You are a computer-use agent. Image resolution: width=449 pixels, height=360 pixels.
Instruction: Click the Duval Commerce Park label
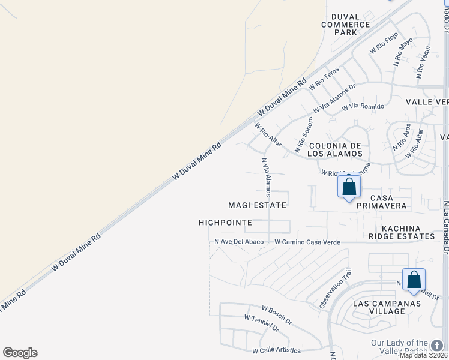click(x=345, y=24)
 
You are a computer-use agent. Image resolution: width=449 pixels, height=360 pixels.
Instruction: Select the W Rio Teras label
click(x=324, y=79)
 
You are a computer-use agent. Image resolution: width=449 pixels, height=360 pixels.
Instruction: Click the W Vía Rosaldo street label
click(x=363, y=107)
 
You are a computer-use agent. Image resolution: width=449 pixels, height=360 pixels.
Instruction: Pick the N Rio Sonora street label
click(x=304, y=134)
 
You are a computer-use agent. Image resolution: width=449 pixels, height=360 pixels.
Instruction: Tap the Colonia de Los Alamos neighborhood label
click(x=335, y=149)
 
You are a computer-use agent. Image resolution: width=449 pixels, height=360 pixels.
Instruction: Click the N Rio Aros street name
click(x=402, y=137)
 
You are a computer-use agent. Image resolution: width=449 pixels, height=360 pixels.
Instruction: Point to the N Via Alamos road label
click(x=266, y=177)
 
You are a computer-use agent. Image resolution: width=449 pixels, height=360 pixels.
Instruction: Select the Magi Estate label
click(x=257, y=205)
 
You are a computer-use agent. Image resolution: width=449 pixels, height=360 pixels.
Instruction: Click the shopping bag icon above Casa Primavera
click(x=349, y=187)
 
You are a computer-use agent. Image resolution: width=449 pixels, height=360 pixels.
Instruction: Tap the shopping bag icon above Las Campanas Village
click(x=414, y=280)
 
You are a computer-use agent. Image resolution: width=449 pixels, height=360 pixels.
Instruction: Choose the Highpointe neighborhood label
click(x=225, y=223)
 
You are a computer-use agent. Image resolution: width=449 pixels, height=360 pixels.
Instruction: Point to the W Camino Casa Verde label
click(x=307, y=242)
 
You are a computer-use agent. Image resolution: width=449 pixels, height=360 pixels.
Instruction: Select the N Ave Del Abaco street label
click(x=240, y=242)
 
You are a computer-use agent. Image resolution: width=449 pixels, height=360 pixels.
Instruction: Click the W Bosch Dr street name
click(x=276, y=314)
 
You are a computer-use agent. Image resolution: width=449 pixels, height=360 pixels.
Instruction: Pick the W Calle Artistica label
click(x=276, y=350)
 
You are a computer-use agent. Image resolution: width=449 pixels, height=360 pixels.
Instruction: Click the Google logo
click(x=20, y=353)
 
